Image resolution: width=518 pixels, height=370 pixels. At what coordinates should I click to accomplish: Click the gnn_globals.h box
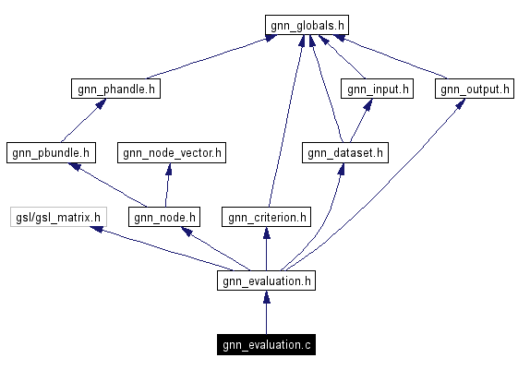(307, 25)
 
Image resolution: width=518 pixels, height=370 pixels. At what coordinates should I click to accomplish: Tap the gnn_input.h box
(377, 90)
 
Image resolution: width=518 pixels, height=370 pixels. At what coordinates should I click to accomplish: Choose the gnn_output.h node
(474, 90)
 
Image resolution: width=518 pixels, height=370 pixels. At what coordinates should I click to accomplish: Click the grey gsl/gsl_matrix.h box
(57, 218)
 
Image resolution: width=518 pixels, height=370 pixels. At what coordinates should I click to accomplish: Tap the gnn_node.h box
(164, 218)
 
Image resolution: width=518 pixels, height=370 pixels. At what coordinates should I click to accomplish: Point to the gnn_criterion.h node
(266, 218)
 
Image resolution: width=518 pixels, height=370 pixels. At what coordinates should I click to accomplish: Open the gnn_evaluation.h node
(267, 281)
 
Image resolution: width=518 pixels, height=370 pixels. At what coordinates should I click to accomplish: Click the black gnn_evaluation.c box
(267, 346)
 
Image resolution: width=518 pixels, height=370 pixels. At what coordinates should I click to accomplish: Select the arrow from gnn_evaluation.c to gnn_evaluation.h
(267, 314)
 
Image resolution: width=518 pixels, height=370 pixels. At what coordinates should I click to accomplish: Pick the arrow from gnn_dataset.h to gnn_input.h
(360, 122)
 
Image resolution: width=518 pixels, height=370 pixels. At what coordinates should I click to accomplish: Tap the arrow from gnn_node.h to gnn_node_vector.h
(167, 185)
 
